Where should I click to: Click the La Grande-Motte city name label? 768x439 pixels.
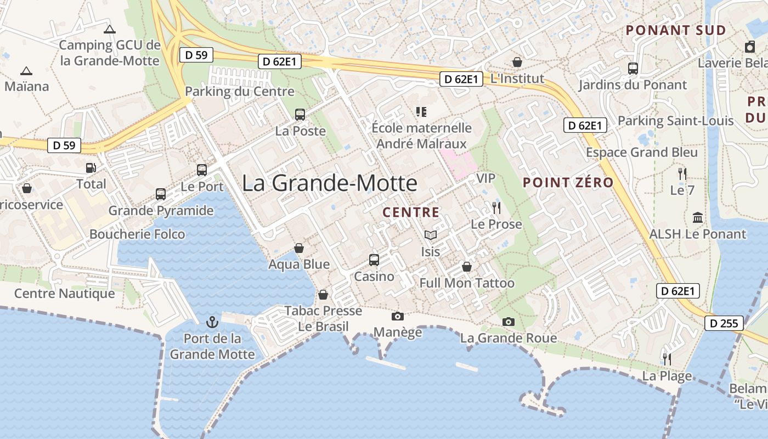pos(329,183)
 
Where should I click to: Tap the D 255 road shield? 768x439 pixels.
pos(724,323)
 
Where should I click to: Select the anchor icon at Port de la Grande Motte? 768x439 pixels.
pos(212,322)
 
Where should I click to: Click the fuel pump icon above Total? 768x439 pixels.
pos(91,168)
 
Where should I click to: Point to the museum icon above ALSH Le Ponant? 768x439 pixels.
pos(698,218)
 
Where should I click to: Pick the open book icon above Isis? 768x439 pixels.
pos(431,235)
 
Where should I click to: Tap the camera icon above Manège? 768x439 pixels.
pos(398,316)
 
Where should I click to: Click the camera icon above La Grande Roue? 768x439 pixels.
pos(509,322)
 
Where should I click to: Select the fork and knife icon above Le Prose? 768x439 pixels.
pos(496,208)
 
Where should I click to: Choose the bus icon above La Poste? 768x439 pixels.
pos(300,115)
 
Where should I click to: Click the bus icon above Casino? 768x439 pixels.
pos(374,260)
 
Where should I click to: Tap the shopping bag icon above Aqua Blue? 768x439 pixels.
pos(299,248)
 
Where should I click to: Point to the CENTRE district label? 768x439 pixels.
pos(411,212)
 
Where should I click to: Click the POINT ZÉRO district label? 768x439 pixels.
pos(568,183)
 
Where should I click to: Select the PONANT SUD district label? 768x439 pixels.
pos(676,30)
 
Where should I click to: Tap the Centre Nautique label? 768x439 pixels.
pos(65,294)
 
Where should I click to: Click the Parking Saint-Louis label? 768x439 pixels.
pos(676,121)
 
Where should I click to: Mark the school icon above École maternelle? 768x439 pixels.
pos(421,112)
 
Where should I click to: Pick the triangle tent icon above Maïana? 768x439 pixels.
pos(26,71)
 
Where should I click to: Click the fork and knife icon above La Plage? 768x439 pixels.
pos(667,359)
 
